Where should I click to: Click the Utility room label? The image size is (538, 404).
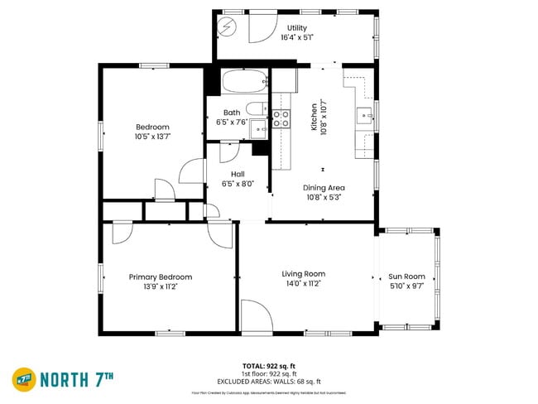(x=296, y=27)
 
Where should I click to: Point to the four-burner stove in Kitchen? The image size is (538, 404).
(x=281, y=118)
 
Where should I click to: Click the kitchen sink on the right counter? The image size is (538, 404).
(x=365, y=113)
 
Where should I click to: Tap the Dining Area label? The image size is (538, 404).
(x=324, y=187)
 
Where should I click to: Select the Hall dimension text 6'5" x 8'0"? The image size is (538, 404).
(x=238, y=184)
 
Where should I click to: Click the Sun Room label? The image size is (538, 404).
(x=407, y=277)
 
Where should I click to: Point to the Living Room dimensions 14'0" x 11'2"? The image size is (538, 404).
(x=303, y=284)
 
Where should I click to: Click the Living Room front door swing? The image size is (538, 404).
(x=256, y=317)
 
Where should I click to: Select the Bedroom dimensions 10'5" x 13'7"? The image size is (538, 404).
(x=157, y=137)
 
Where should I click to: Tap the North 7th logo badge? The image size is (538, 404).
(x=24, y=379)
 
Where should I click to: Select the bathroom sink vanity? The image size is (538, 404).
(x=259, y=128)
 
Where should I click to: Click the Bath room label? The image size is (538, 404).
(x=232, y=113)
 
